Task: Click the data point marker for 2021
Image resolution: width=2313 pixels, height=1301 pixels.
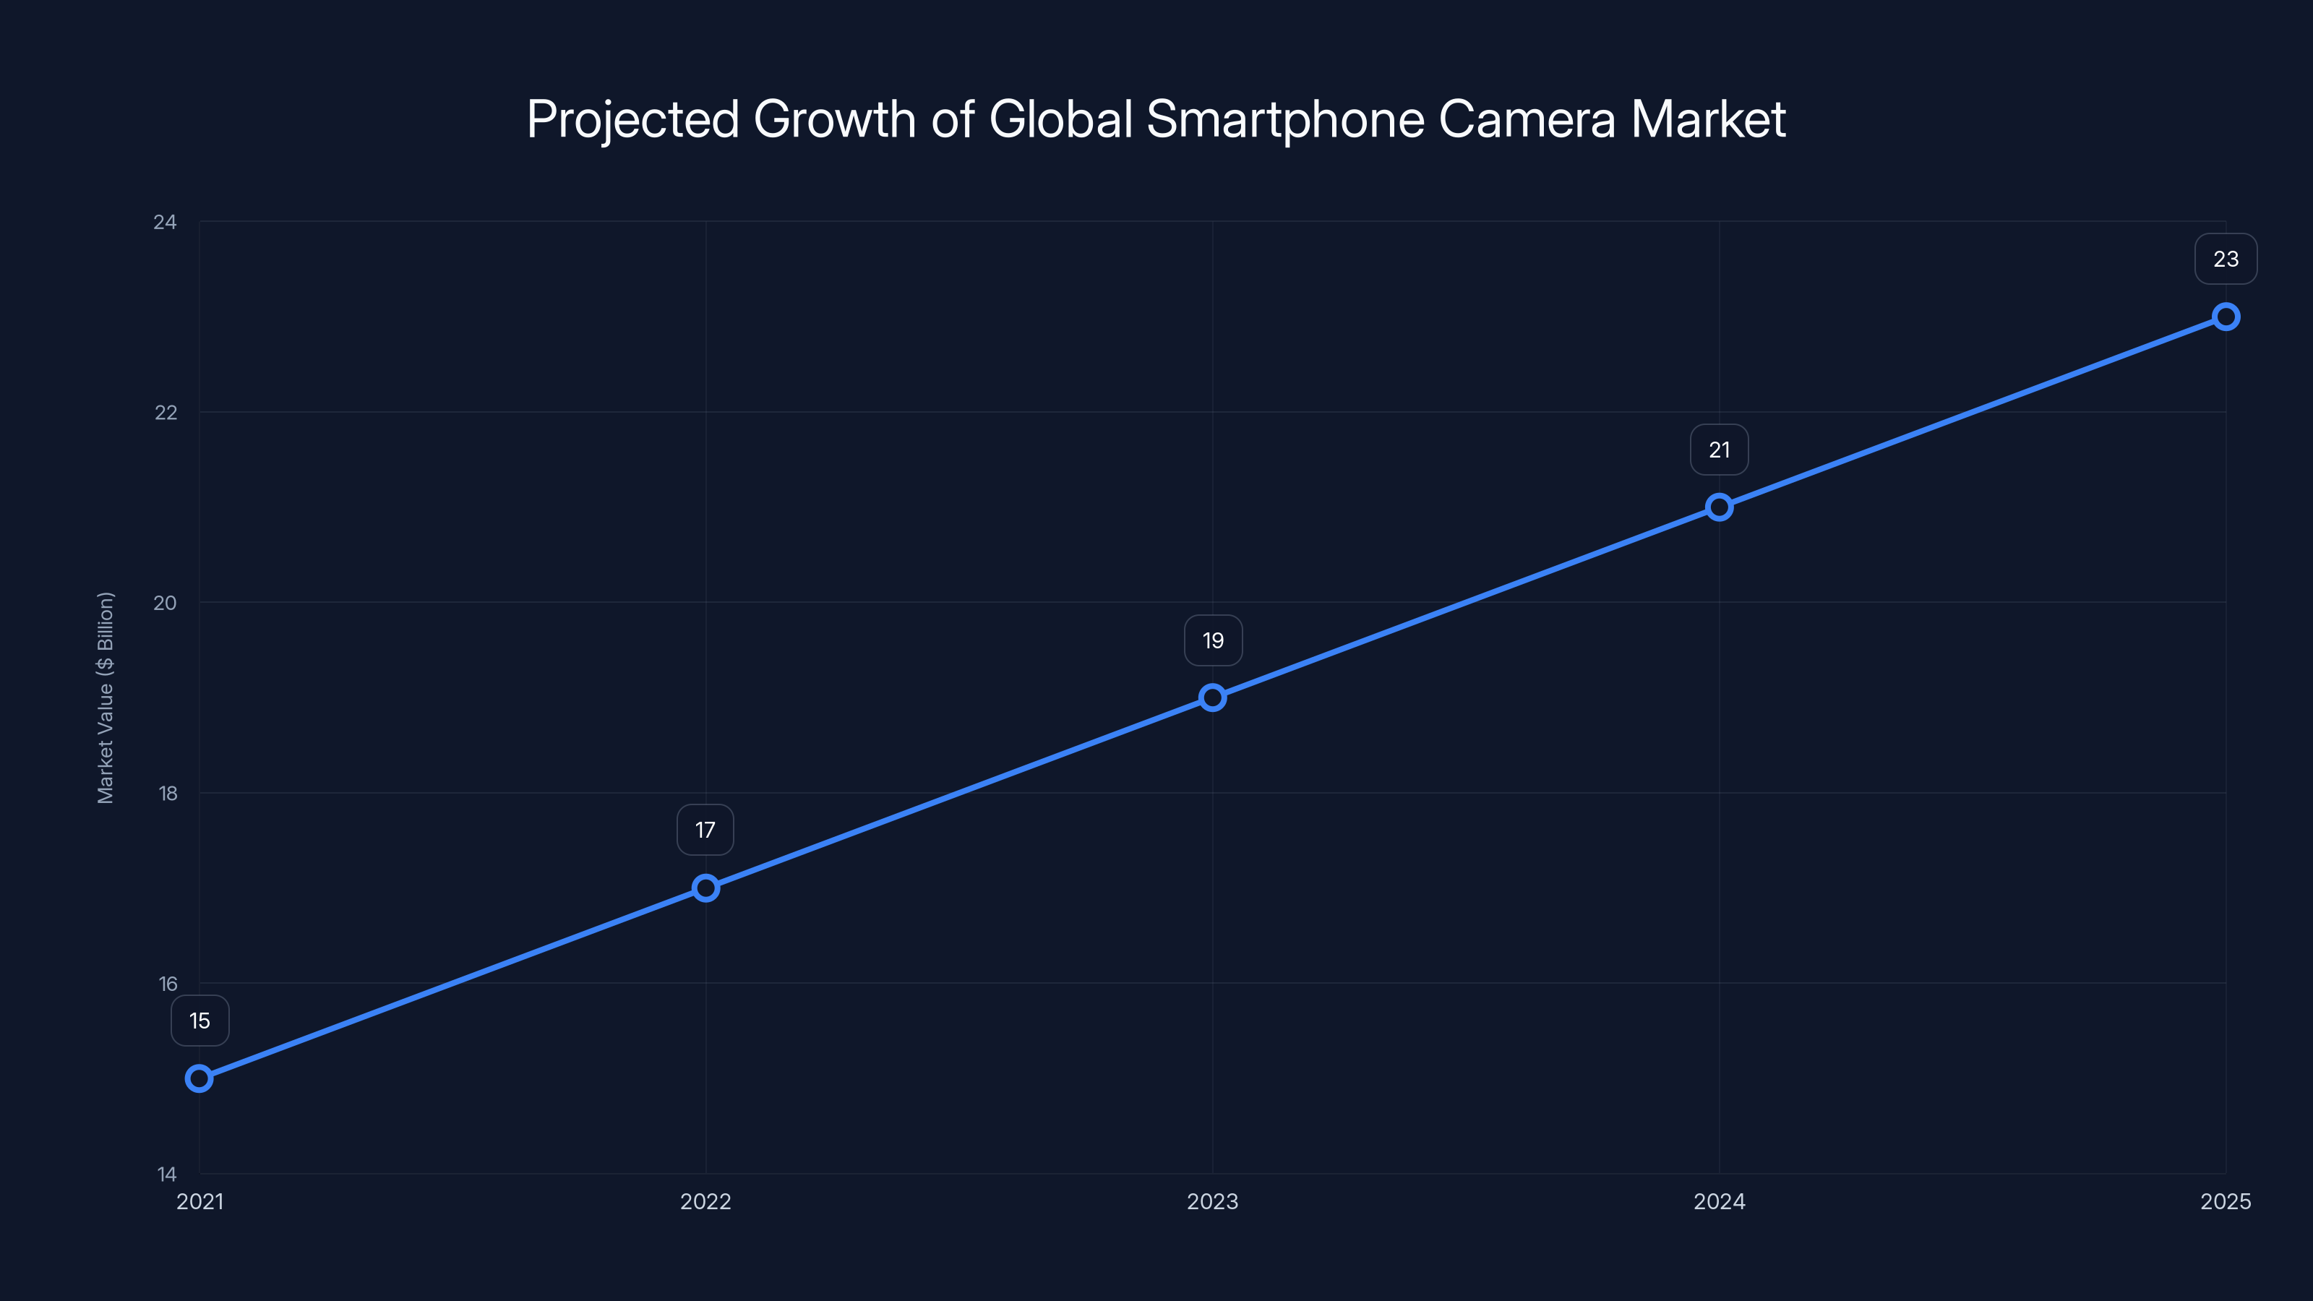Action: (x=199, y=1078)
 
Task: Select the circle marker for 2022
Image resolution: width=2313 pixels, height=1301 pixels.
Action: (x=705, y=888)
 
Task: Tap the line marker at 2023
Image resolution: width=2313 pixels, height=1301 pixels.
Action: (x=1212, y=697)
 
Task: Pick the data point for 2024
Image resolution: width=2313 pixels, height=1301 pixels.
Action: (x=1719, y=507)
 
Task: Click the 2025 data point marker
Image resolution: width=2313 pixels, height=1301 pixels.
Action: (x=2225, y=317)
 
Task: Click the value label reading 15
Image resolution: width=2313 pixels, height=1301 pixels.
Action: (x=199, y=1021)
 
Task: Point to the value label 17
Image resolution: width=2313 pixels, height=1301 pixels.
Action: (x=705, y=830)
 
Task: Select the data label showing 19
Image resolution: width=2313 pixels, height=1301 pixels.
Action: (x=1213, y=640)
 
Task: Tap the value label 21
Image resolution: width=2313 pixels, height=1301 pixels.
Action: (x=1719, y=450)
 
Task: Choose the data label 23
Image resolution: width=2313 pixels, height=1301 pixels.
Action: (x=2225, y=259)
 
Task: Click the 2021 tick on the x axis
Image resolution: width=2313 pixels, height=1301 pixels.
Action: (x=199, y=1201)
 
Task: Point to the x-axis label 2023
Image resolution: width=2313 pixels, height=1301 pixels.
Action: (x=1212, y=1201)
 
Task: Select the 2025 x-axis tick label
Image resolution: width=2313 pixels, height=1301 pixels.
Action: (x=2225, y=1201)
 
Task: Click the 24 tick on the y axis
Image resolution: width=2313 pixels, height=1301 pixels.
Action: (x=166, y=222)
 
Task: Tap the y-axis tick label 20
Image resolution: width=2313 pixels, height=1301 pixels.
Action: (x=166, y=603)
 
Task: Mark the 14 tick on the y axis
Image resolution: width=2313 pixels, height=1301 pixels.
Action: (x=167, y=1174)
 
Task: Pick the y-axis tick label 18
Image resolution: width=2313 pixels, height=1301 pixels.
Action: (x=167, y=793)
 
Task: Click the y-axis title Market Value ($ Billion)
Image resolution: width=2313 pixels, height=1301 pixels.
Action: (x=106, y=697)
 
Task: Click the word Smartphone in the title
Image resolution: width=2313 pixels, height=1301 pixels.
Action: (x=1286, y=119)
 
